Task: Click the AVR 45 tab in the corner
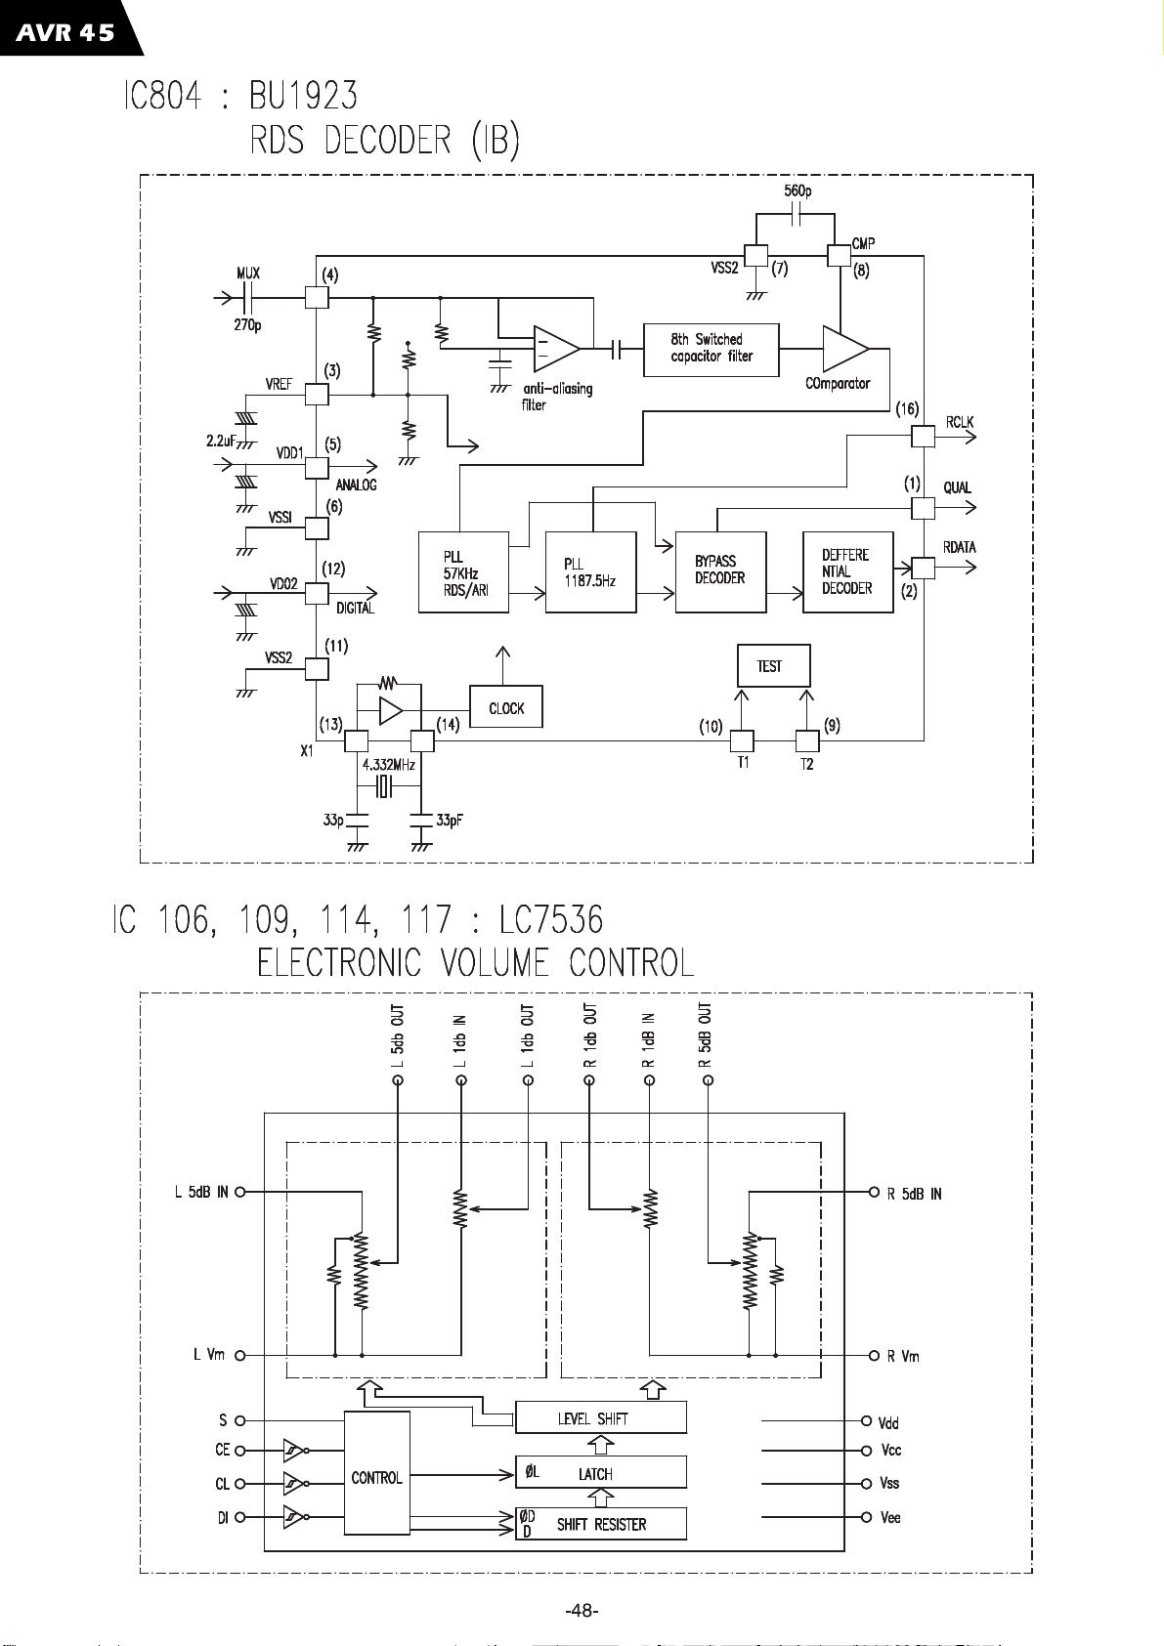click(66, 28)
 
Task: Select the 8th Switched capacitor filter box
click(711, 350)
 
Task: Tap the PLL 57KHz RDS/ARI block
click(463, 572)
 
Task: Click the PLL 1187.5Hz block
click(590, 572)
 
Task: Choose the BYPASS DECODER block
click(720, 572)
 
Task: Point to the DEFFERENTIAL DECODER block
click(847, 572)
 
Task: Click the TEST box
click(773, 666)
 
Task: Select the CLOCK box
click(506, 707)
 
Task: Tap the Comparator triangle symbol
click(845, 349)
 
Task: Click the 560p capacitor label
click(798, 190)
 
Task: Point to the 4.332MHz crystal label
click(388, 765)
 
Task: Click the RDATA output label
click(960, 547)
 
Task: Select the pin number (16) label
click(907, 409)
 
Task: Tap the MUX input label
click(248, 274)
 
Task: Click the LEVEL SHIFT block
click(601, 1417)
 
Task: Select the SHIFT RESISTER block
click(601, 1525)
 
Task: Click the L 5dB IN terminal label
click(200, 1192)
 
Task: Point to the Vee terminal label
click(890, 1517)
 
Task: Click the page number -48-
click(582, 1611)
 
